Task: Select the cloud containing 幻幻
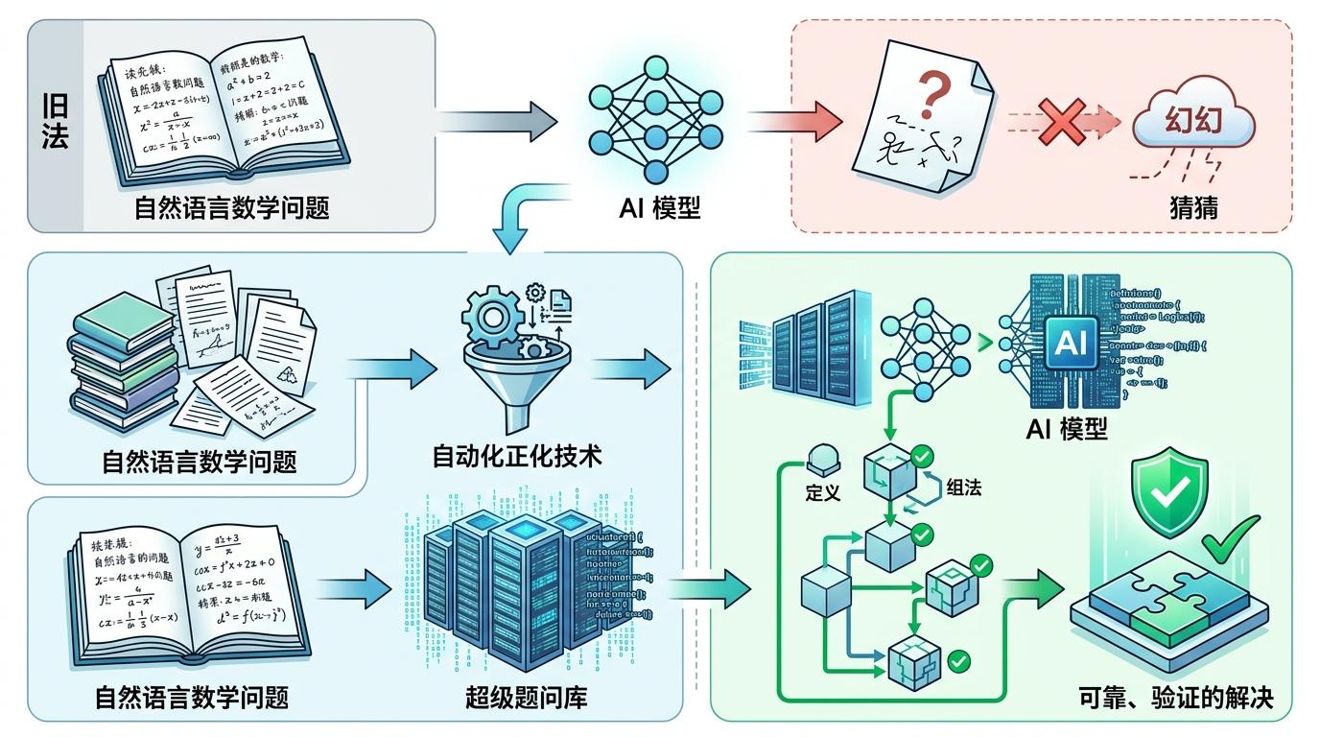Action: point(1192,126)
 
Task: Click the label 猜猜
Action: point(1193,205)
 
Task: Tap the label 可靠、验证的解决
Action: point(1176,698)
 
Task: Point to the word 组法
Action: point(963,486)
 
